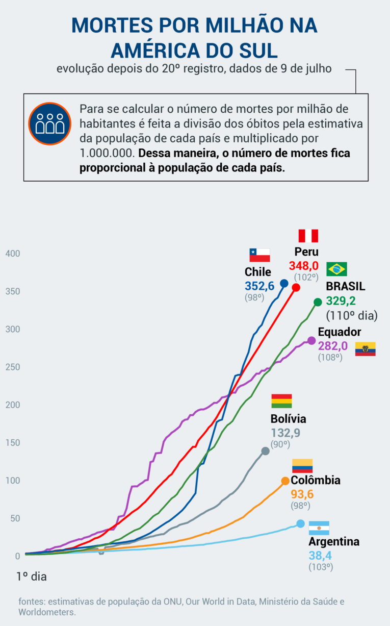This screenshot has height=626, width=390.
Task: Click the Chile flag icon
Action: click(x=259, y=255)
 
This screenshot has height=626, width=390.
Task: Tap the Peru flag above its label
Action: click(x=308, y=236)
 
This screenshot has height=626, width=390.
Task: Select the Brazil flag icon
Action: click(x=336, y=269)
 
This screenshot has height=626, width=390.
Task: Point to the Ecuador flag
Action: click(x=365, y=349)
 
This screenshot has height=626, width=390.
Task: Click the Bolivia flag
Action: click(x=281, y=401)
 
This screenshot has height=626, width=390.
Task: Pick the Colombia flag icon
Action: click(x=302, y=466)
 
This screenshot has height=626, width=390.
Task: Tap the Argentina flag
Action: click(x=319, y=528)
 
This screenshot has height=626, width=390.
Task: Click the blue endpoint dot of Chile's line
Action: click(x=284, y=283)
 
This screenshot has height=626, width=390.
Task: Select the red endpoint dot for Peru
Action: click(x=296, y=288)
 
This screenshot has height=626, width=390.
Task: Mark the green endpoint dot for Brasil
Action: click(x=318, y=302)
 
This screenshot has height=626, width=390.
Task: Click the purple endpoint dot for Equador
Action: click(x=311, y=340)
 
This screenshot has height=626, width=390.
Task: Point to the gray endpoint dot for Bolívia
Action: click(x=265, y=451)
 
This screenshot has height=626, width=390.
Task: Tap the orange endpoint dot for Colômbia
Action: click(x=285, y=481)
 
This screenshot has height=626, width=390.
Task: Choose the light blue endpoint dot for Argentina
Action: click(x=300, y=523)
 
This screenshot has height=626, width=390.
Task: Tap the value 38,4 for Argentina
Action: click(x=320, y=555)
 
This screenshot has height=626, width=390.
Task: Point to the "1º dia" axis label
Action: click(x=32, y=576)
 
